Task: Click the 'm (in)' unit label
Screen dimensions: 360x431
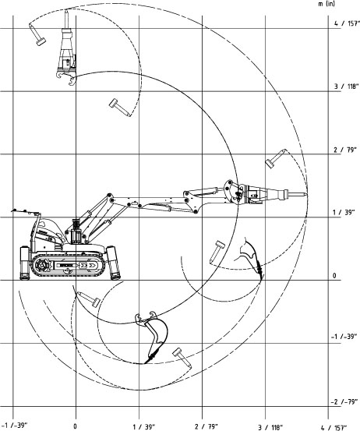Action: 326,4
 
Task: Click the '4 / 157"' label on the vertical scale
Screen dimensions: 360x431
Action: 347,23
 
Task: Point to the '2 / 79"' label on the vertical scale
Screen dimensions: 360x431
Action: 345,150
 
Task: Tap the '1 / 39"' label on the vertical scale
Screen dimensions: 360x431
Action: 344,213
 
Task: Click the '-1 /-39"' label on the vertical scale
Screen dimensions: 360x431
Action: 344,337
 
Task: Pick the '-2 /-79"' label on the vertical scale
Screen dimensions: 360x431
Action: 344,402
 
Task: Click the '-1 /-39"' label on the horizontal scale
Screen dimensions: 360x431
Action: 14,426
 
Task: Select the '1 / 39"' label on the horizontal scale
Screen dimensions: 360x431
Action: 143,427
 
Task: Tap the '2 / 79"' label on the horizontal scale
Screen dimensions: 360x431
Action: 206,426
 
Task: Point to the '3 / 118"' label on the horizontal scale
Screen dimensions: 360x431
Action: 270,427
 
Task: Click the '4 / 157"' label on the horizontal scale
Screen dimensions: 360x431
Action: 334,427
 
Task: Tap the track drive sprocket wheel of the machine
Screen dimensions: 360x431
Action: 41,265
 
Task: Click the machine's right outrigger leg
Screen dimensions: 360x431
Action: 114,263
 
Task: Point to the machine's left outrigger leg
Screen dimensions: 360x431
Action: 25,263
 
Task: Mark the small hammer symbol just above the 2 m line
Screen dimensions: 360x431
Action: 276,158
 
